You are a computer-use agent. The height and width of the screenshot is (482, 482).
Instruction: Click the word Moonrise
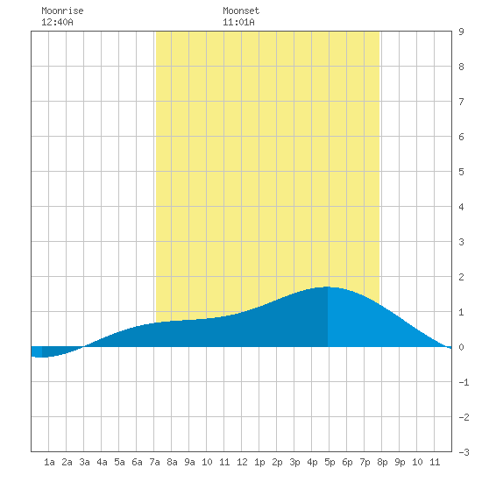pyautogui.click(x=62, y=11)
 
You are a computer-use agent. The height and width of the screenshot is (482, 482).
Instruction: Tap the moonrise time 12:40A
pyautogui.click(x=57, y=22)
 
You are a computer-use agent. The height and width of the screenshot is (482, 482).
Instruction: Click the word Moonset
pyautogui.click(x=241, y=11)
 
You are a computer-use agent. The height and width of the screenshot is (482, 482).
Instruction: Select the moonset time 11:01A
pyautogui.click(x=238, y=22)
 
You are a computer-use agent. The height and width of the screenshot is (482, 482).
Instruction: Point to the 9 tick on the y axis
pyautogui.click(x=461, y=32)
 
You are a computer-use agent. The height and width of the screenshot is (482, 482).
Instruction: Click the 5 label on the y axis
pyautogui.click(x=461, y=172)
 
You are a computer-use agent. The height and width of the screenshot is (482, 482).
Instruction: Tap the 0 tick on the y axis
pyautogui.click(x=461, y=347)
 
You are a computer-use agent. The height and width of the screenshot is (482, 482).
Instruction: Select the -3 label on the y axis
pyautogui.click(x=464, y=452)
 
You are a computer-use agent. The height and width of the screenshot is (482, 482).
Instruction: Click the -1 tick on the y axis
pyautogui.click(x=464, y=382)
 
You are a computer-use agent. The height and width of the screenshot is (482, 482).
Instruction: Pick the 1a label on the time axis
pyautogui.click(x=49, y=462)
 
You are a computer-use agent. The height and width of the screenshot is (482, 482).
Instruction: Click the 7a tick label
pyautogui.click(x=154, y=462)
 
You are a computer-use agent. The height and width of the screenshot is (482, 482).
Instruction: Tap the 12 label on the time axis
pyautogui.click(x=242, y=462)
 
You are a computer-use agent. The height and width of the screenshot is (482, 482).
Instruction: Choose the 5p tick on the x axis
pyautogui.click(x=330, y=462)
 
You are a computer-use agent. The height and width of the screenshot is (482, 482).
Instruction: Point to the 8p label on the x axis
pyautogui.click(x=382, y=462)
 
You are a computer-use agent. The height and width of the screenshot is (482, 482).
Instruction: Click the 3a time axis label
pyautogui.click(x=84, y=462)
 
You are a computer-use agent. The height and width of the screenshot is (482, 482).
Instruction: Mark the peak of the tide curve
pyautogui.click(x=328, y=287)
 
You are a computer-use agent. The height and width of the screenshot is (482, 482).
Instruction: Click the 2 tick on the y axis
pyautogui.click(x=461, y=277)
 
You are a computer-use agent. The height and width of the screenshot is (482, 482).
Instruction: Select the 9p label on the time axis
pyautogui.click(x=400, y=462)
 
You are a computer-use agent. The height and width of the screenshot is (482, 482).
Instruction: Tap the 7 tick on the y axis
pyautogui.click(x=461, y=102)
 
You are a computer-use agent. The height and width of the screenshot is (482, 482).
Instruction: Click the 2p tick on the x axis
pyautogui.click(x=277, y=462)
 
